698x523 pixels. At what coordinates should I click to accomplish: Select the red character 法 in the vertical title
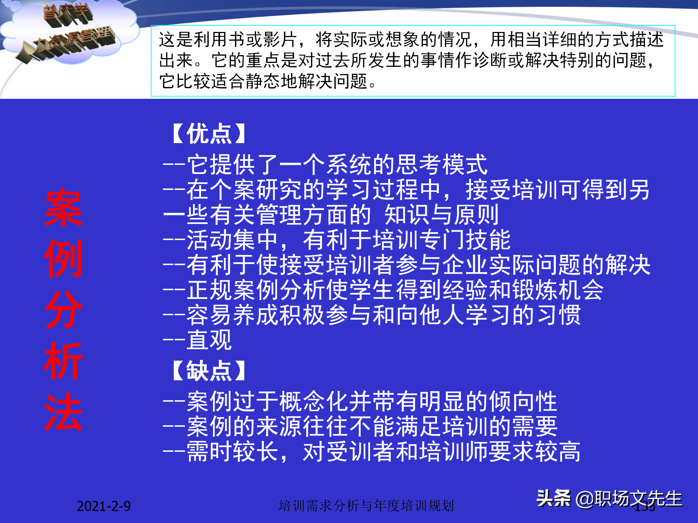[63, 412]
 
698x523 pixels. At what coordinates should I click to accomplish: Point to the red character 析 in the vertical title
[63, 361]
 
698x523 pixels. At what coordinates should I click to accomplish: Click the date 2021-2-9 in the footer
[104, 506]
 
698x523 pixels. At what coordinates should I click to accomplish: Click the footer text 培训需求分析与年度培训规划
[366, 506]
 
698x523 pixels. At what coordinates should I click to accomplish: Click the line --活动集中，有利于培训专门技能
[337, 240]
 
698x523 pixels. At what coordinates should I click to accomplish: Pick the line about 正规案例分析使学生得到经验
[383, 290]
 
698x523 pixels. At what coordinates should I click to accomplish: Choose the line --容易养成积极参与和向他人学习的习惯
[372, 315]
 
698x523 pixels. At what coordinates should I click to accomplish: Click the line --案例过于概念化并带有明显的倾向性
[360, 401]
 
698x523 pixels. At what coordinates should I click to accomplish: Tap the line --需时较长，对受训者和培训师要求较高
[372, 451]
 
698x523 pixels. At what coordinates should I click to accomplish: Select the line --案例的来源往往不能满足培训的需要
[360, 426]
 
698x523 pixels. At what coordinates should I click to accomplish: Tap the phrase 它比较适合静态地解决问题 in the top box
[264, 81]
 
